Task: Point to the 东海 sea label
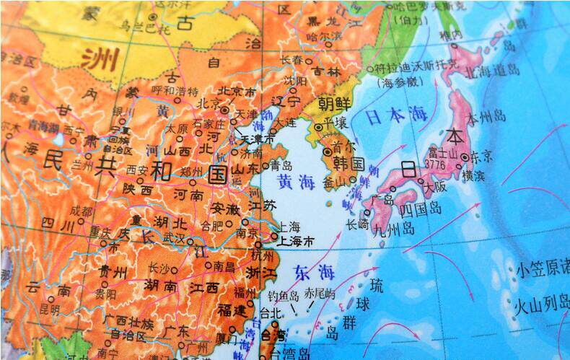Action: [x=315, y=273]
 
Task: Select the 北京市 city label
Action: [x=237, y=92]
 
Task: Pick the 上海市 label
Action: [x=297, y=240]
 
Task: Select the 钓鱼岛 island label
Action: [x=283, y=294]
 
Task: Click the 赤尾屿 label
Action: [x=320, y=294]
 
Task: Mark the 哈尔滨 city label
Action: [x=323, y=35]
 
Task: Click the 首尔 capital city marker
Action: [x=327, y=152]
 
